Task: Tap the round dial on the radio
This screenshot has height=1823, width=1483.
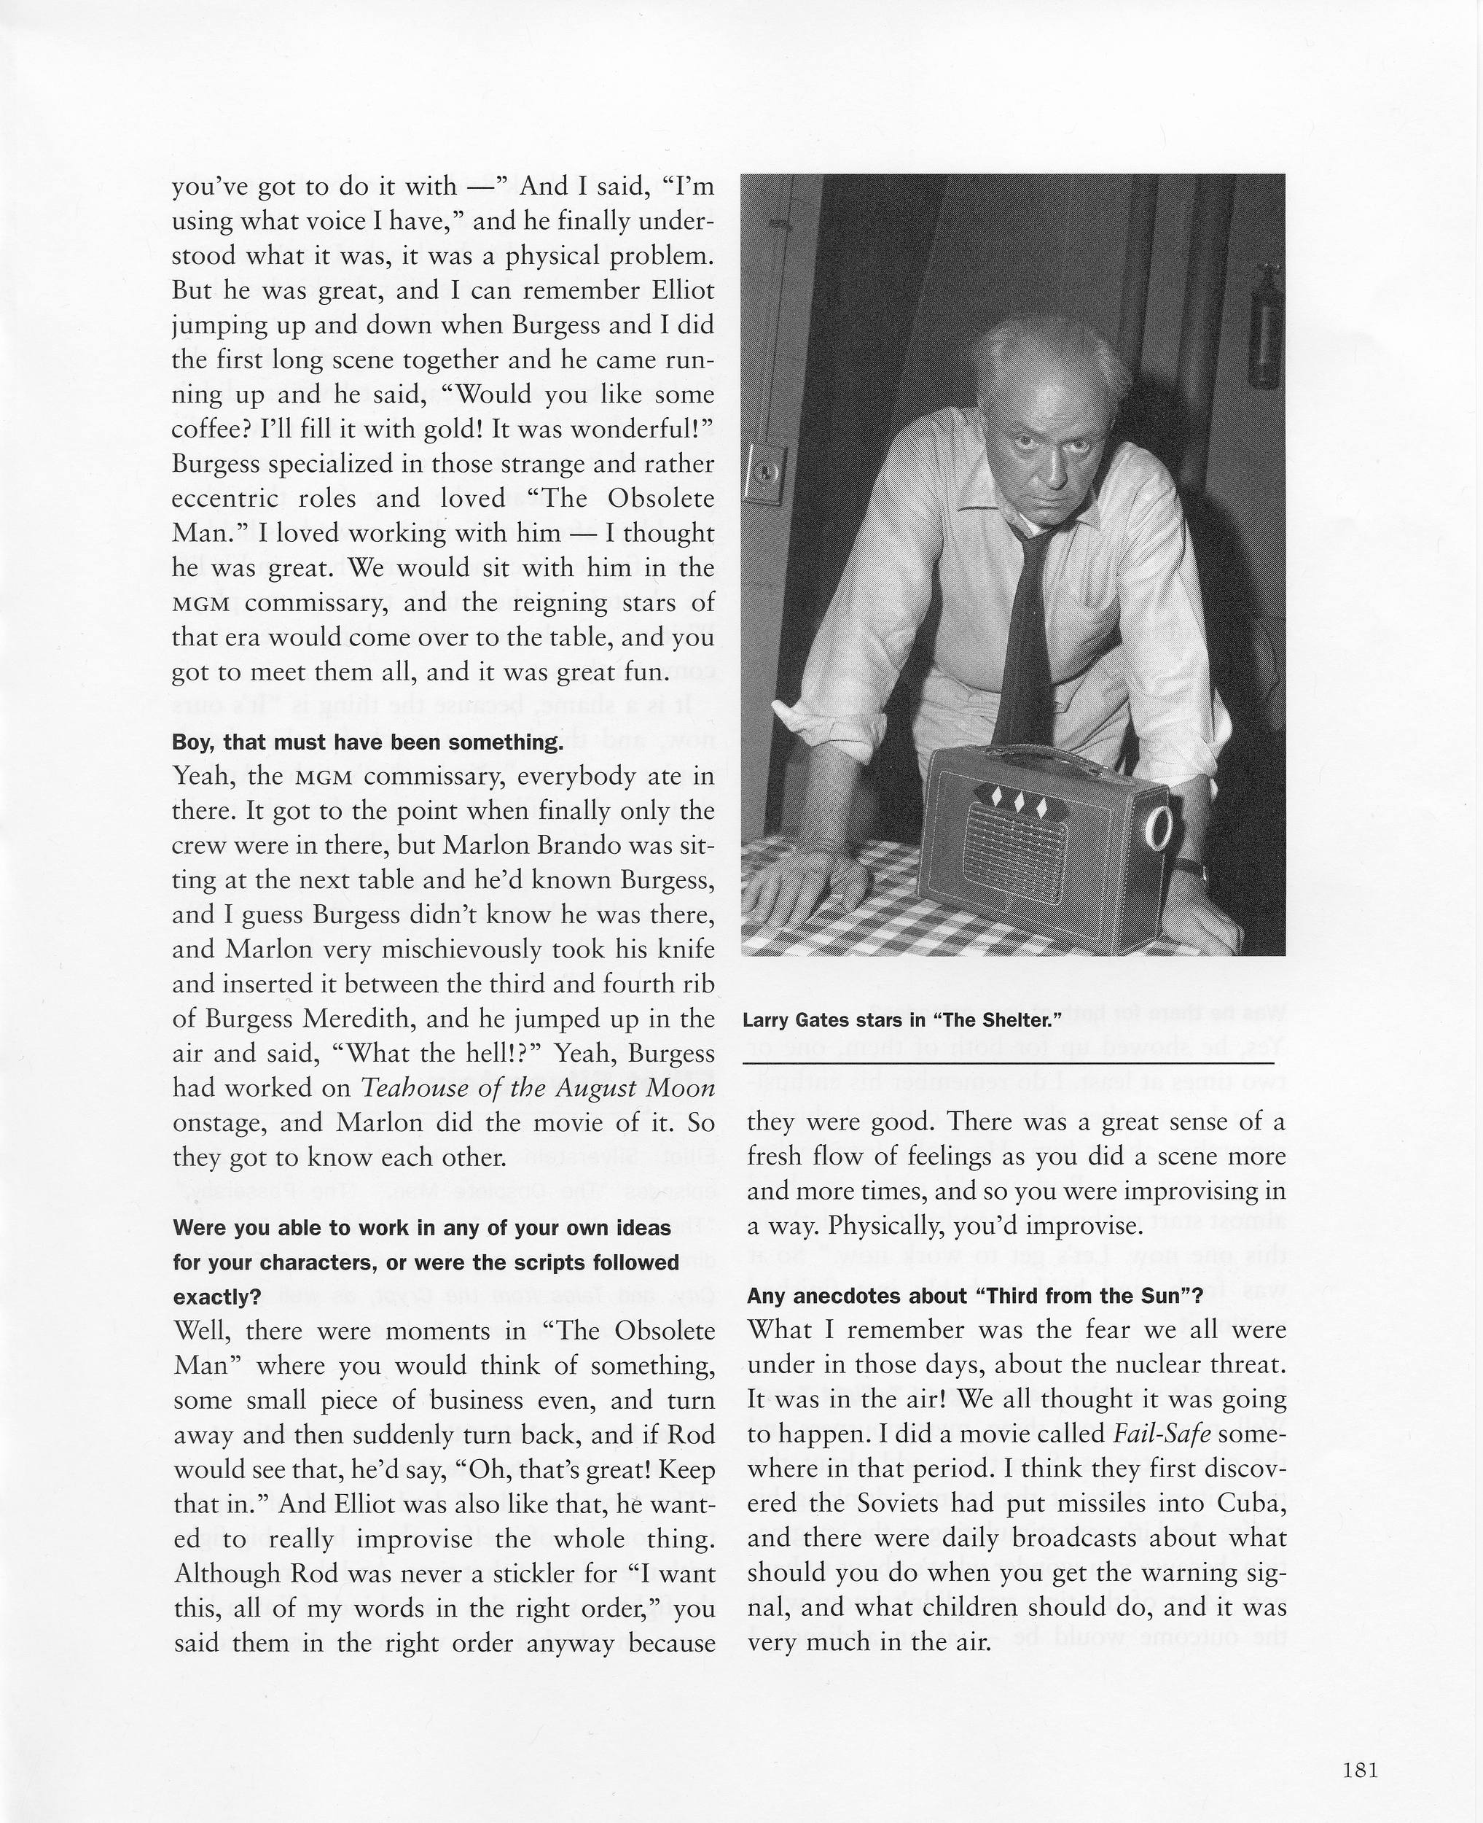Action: pyautogui.click(x=1162, y=828)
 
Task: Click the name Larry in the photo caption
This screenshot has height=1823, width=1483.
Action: pyautogui.click(x=766, y=1019)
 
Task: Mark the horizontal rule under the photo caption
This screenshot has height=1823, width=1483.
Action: pyautogui.click(x=1008, y=1062)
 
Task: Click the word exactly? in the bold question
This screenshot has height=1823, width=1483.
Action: pyautogui.click(x=217, y=1297)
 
